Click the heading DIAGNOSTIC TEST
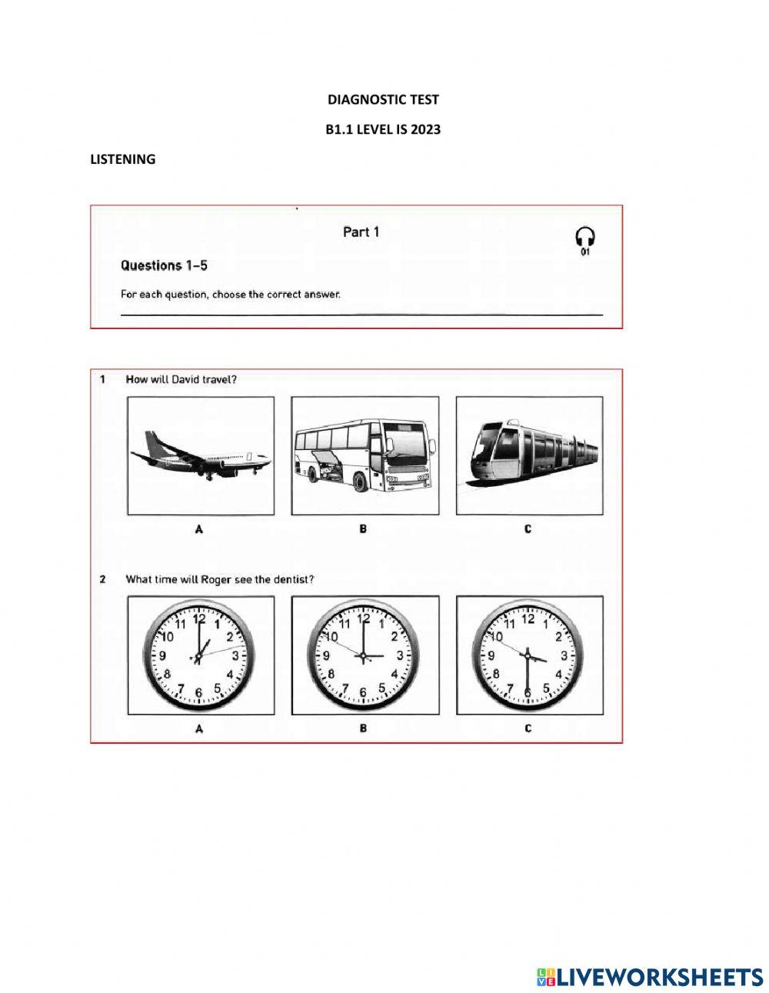pos(383,99)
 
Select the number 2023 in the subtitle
pos(425,129)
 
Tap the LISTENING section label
pos(123,159)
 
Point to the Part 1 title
pos(361,232)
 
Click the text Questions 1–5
pos(164,265)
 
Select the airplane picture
pos(200,455)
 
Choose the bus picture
pos(365,455)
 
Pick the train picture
pos(529,455)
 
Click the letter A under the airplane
pos(199,529)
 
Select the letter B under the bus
pos(363,529)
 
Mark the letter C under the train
pos(528,529)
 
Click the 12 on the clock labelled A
pos(199,618)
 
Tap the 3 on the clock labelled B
pos(399,655)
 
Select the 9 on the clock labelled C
pos(491,656)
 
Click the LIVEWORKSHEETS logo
pos(650,976)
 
